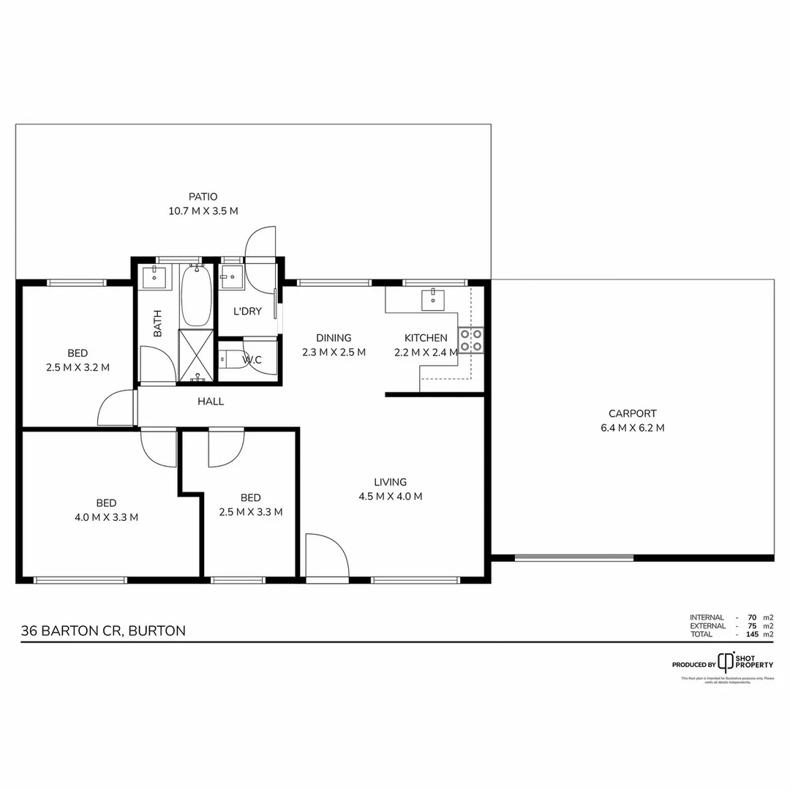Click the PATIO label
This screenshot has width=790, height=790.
click(203, 196)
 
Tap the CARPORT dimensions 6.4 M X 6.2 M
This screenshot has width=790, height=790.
click(632, 428)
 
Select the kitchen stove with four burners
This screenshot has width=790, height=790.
click(470, 341)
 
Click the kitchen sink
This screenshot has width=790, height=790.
click(432, 298)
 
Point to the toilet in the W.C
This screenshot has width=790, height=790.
click(233, 360)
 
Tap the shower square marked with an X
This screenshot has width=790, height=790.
click(196, 355)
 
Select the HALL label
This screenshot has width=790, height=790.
click(211, 402)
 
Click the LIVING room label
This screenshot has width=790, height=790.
click(390, 482)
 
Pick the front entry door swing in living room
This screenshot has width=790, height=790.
click(326, 556)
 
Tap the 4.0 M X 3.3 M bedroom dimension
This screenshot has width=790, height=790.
click(106, 516)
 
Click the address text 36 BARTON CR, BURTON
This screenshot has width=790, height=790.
click(103, 631)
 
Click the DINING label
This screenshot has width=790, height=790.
click(334, 338)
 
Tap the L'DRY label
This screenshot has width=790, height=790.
click(247, 312)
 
